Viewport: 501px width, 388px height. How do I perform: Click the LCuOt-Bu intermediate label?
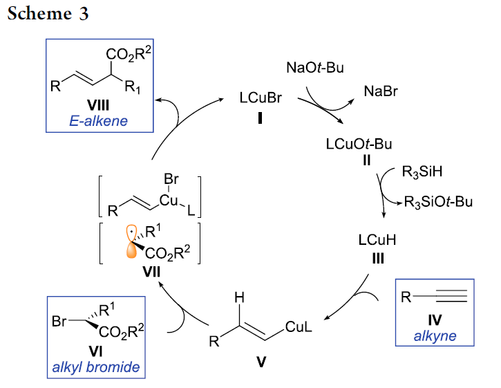pyautogui.click(x=359, y=145)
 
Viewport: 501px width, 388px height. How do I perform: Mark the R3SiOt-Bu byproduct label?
pyautogui.click(x=438, y=202)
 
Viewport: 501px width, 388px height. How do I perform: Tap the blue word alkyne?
pyautogui.click(x=435, y=337)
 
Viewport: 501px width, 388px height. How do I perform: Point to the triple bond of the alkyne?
pyautogui.click(x=448, y=298)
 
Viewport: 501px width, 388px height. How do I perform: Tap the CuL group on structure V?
pyautogui.click(x=298, y=329)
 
